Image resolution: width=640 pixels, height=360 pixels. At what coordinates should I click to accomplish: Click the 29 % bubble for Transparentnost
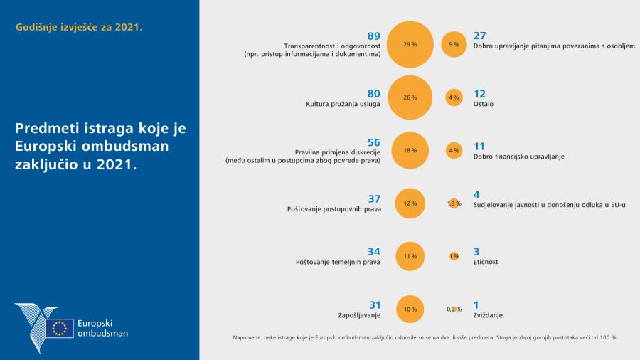(x=410, y=44)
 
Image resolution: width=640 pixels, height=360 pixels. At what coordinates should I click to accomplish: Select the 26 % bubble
(x=410, y=97)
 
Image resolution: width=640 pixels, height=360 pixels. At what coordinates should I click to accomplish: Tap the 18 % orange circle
(x=410, y=150)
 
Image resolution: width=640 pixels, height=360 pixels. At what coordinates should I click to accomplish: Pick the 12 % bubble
(x=410, y=203)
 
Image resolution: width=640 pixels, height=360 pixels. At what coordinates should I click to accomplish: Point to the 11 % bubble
(x=410, y=256)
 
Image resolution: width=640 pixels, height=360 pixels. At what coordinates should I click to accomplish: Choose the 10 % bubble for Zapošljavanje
(x=410, y=309)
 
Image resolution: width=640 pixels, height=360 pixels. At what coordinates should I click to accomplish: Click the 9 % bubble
(x=454, y=44)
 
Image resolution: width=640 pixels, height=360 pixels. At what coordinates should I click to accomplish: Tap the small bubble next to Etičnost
(x=454, y=256)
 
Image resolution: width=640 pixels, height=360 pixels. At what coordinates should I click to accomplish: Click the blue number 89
(x=373, y=36)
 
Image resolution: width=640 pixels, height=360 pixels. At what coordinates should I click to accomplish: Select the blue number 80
(x=373, y=92)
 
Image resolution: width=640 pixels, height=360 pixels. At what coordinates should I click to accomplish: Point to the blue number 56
(x=373, y=142)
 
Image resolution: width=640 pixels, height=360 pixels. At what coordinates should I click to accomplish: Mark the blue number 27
(x=480, y=36)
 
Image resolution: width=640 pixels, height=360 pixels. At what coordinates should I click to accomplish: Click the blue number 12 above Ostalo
(x=480, y=92)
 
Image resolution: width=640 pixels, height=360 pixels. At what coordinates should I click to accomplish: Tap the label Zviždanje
(x=489, y=314)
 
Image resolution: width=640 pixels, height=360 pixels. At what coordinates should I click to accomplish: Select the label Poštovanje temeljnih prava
(x=338, y=262)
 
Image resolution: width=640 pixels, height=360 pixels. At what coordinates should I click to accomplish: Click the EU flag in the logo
(x=59, y=328)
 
